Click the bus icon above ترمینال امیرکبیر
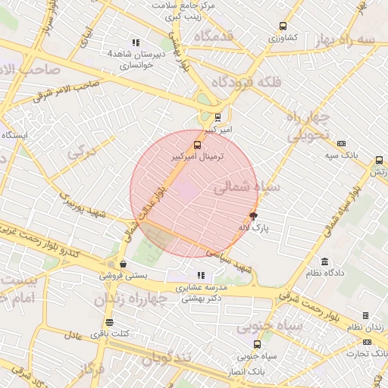point(198,144)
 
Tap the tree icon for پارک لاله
point(253,217)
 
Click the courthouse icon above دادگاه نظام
point(325,261)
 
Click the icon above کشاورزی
point(283,26)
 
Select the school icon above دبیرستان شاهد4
point(136,43)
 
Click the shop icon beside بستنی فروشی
point(123,264)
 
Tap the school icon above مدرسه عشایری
point(201,276)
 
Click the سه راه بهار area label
point(346,39)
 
